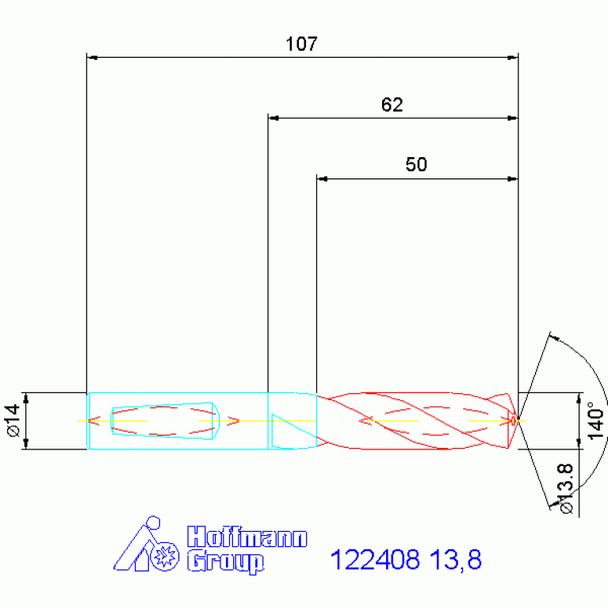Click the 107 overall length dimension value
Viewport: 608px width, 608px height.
click(x=301, y=44)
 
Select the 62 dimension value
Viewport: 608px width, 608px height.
click(x=392, y=105)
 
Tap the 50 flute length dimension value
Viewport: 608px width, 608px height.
click(x=416, y=164)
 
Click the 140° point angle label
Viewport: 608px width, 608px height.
click(x=596, y=420)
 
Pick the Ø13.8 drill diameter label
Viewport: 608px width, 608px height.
click(x=565, y=488)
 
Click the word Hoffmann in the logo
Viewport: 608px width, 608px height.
click(x=247, y=537)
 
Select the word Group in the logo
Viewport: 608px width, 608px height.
click(x=226, y=562)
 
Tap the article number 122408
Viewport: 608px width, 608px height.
click(x=375, y=560)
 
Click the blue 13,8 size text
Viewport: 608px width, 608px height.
click(x=456, y=560)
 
